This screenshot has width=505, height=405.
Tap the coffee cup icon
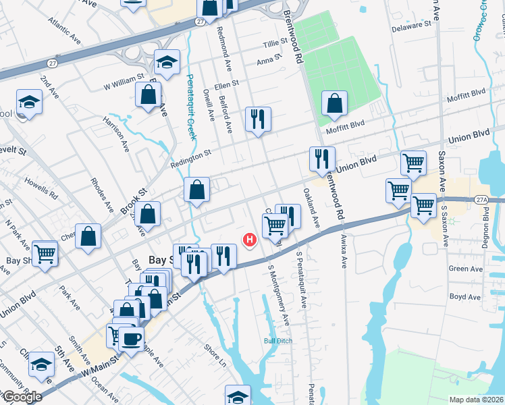point(131,337)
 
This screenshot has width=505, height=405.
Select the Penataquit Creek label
point(190,107)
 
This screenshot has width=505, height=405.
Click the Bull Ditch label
point(277,341)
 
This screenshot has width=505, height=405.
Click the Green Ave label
point(464,268)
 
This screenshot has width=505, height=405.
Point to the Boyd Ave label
point(464,296)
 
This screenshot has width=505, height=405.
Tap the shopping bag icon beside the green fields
point(334,104)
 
